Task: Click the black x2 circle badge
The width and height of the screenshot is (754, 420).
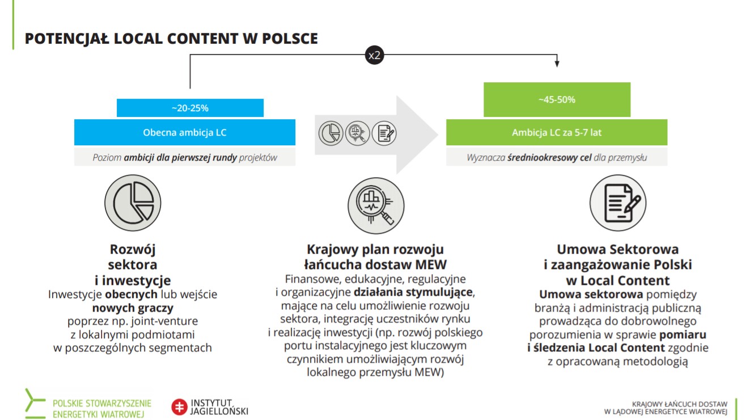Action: pos(374,55)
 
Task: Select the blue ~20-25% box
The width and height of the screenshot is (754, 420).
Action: pos(190,108)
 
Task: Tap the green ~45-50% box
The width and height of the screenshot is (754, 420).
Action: pos(557,99)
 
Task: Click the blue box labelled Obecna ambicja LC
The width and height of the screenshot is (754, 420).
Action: pos(185,132)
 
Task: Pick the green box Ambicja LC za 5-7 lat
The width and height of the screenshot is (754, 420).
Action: pos(556,132)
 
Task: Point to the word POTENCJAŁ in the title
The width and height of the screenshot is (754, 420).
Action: pos(67,39)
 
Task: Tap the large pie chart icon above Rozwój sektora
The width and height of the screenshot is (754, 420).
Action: pos(133,203)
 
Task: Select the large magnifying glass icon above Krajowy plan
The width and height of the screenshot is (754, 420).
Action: pos(376,205)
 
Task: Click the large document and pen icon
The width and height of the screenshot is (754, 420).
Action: pos(618,203)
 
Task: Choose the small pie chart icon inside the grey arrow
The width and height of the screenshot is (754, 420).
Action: pos(331,133)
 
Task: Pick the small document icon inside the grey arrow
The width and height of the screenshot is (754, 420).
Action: pos(384,133)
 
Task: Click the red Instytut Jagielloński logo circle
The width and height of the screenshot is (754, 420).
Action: pos(179,407)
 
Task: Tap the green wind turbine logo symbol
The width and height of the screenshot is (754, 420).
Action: pos(35,404)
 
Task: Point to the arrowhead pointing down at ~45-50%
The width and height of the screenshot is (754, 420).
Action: pos(557,64)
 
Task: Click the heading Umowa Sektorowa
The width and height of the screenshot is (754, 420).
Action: pos(618,249)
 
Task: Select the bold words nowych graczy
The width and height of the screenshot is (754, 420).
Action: pos(133,308)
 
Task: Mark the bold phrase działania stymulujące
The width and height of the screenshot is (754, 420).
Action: pos(413,292)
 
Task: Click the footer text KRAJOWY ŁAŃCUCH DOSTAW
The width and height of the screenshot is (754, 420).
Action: pos(679,404)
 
